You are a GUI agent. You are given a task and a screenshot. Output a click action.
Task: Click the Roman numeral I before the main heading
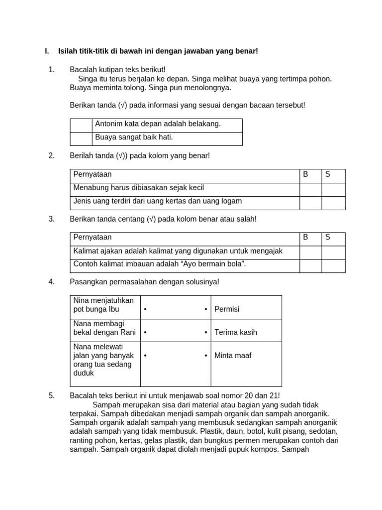tap(46, 51)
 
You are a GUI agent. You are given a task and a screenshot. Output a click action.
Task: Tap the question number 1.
tap(51, 70)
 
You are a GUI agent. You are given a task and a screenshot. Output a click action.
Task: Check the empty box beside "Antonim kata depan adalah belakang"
tap(81, 126)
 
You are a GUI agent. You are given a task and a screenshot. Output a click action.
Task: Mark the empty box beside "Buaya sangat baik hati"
tap(81, 139)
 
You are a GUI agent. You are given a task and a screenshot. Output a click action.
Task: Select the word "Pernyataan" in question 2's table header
tap(93, 174)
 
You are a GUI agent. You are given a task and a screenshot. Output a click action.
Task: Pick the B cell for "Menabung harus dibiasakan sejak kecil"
tap(310, 190)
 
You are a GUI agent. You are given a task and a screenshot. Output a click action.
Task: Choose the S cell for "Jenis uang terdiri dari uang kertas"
tap(333, 203)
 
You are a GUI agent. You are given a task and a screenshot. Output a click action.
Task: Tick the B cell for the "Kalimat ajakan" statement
tap(310, 253)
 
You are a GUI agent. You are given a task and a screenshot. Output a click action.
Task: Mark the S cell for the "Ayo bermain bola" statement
tap(333, 266)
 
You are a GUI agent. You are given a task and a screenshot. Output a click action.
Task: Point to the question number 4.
tap(51, 282)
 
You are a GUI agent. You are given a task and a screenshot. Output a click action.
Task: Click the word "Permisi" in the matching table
tap(227, 309)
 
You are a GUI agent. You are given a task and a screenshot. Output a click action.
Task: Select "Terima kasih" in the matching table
tap(236, 332)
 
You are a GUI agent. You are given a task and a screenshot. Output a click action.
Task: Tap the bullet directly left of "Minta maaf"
tap(206, 356)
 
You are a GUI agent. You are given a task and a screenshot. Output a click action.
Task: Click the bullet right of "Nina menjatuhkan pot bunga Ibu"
tap(145, 309)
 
